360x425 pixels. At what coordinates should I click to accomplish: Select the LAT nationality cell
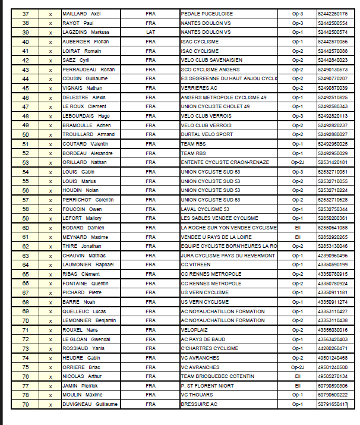(150, 32)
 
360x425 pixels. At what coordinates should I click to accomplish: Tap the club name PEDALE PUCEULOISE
(206, 14)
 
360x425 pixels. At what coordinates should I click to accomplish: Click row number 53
(25, 162)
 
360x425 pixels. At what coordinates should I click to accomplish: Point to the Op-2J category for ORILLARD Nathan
(298, 162)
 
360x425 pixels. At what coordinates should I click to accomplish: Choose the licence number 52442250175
(333, 14)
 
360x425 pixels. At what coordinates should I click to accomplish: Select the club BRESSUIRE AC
(199, 404)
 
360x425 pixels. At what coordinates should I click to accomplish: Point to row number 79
(25, 404)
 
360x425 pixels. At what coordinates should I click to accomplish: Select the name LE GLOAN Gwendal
(86, 339)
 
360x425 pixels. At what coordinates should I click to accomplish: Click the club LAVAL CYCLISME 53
(205, 209)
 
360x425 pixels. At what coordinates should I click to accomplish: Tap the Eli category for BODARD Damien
(298, 228)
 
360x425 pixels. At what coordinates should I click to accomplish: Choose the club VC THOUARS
(197, 395)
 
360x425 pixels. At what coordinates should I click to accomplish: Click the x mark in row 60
(50, 228)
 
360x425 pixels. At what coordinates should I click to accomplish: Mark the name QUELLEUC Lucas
(84, 311)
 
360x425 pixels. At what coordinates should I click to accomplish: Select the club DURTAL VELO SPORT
(207, 134)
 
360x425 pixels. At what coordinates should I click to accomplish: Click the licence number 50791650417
(333, 404)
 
